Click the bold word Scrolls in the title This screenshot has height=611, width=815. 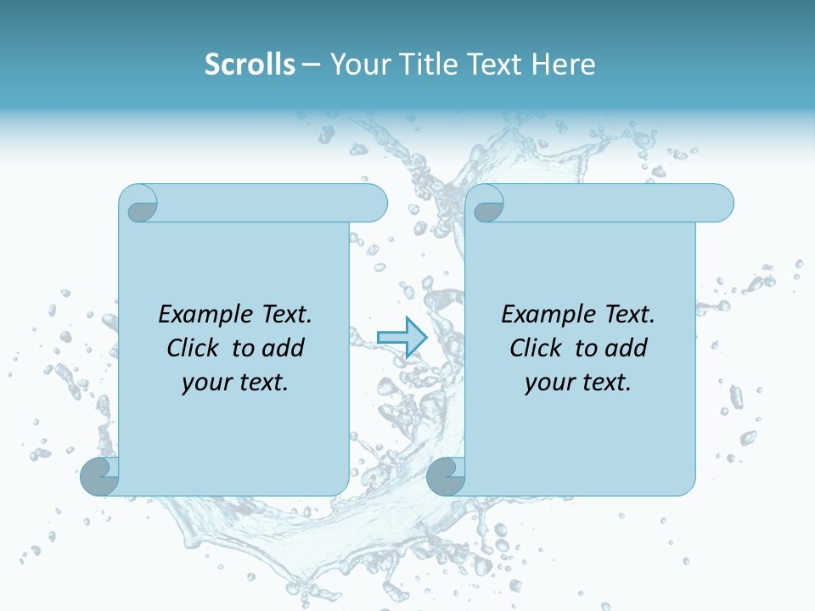(250, 64)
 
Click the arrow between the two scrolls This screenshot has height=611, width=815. (401, 337)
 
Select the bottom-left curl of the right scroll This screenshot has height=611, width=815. (446, 476)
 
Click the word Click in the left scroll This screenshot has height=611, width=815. (194, 348)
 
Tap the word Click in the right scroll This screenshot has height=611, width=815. (537, 348)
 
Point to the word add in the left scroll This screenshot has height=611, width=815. (285, 348)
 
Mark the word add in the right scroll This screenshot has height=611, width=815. (628, 348)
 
